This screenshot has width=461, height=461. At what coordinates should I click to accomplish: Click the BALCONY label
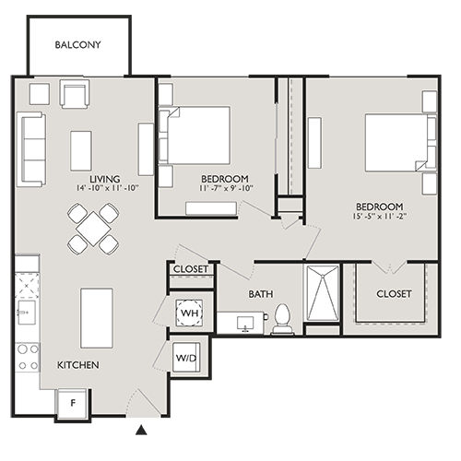(77, 45)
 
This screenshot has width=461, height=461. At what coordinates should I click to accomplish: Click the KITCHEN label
(78, 365)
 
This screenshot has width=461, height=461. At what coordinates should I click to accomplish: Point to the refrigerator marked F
(73, 402)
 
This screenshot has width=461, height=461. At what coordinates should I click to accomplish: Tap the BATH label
(260, 295)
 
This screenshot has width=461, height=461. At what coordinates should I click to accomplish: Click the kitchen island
(96, 317)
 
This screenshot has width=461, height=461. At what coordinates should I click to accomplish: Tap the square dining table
(92, 228)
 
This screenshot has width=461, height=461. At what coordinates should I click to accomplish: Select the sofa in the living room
(30, 149)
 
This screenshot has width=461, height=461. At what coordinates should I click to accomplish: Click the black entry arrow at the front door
(140, 429)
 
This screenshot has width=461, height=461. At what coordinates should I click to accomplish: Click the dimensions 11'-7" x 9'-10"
(226, 190)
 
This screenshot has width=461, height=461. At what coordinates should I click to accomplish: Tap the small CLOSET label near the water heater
(191, 271)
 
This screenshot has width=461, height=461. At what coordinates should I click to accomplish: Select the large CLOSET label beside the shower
(394, 294)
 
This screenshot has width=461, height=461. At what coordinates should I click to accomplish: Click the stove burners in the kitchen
(28, 355)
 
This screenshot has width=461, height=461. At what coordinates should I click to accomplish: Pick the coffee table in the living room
(81, 150)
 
